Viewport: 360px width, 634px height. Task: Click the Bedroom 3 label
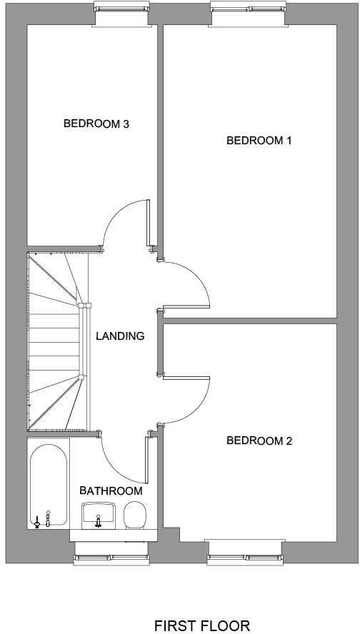pos(96,124)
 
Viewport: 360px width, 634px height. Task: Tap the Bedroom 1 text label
pos(259,141)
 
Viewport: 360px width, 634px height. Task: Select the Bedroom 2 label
pos(259,441)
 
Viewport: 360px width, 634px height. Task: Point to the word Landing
pos(120,336)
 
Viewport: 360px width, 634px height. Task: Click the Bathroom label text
pos(111,490)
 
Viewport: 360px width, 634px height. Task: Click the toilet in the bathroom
pos(134,515)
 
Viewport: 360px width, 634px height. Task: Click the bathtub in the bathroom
pos(49,485)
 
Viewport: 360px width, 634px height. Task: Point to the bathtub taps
pos(41,519)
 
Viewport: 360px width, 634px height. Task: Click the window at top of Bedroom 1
pos(248,14)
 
